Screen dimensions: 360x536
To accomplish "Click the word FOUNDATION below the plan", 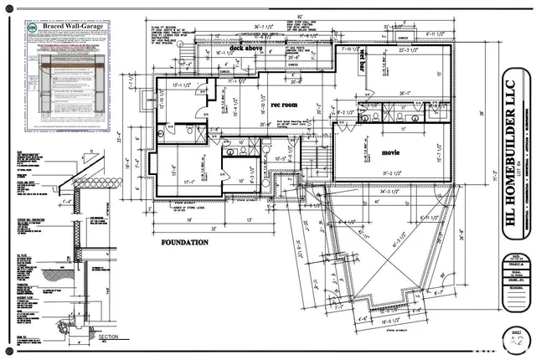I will point(184,242).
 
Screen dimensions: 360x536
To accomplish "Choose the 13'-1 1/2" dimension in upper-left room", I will point(183,85).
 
